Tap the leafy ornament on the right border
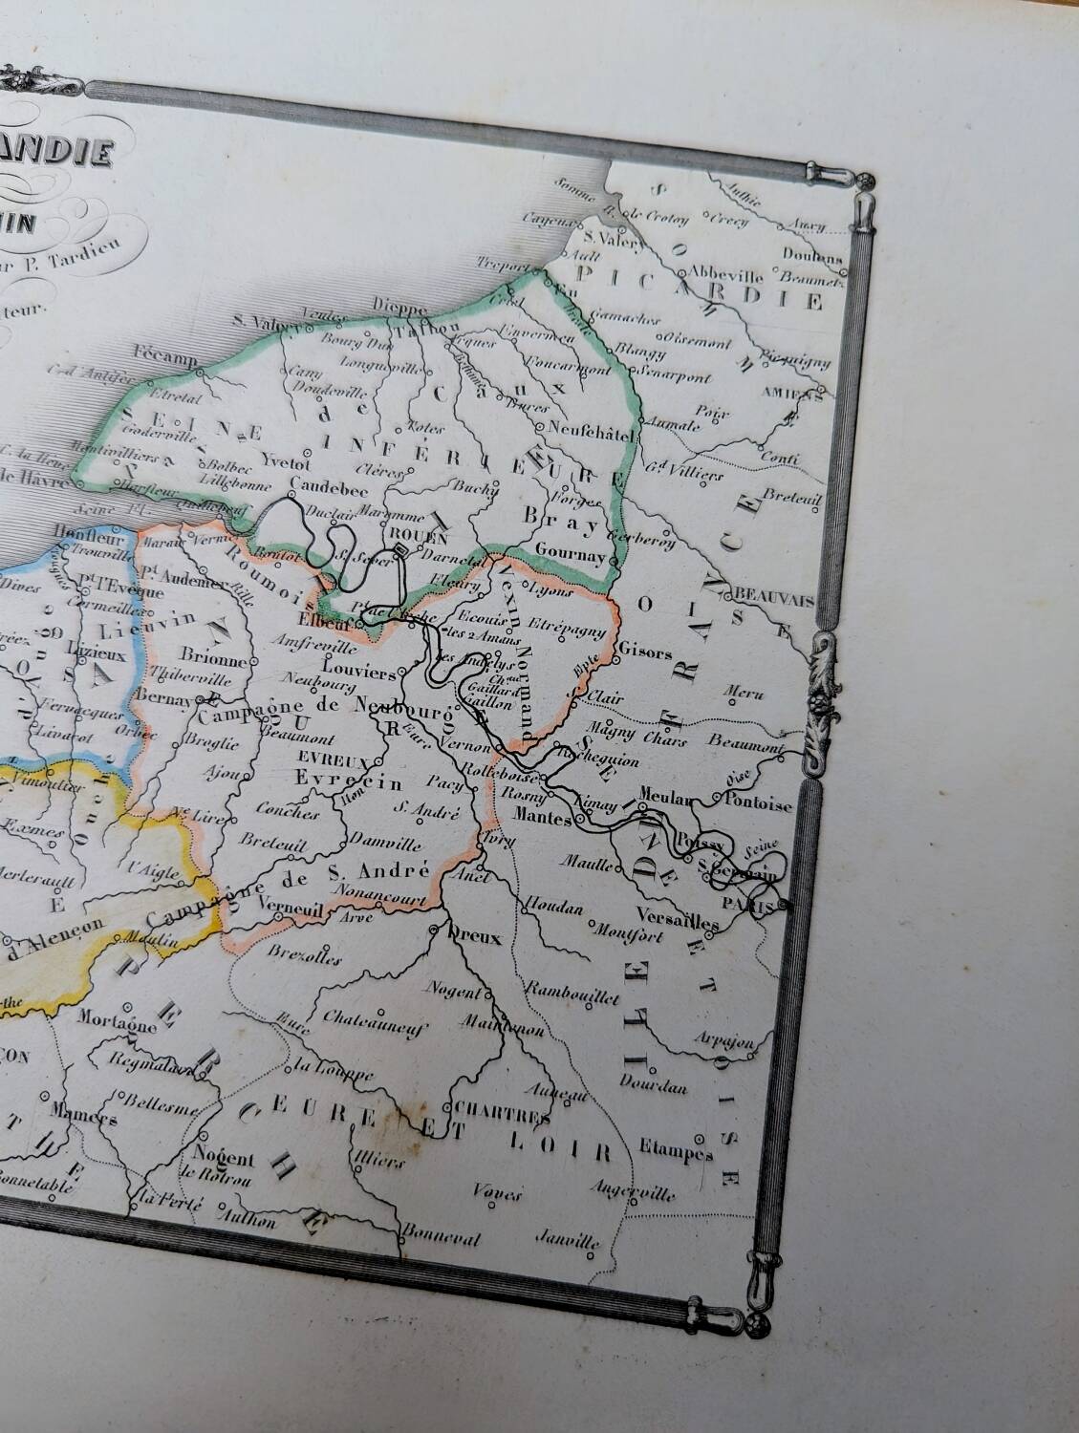click(823, 683)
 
